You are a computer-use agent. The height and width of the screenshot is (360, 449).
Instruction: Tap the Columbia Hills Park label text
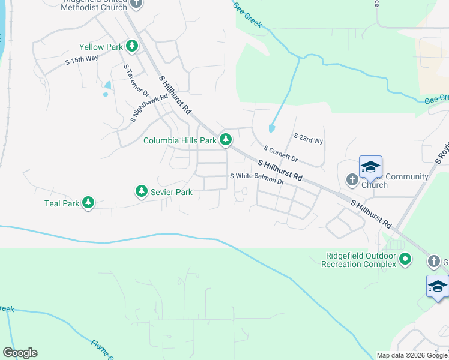(x=179, y=141)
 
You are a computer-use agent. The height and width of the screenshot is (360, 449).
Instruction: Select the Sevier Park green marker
(x=141, y=191)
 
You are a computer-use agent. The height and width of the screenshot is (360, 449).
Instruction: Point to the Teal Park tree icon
(x=89, y=203)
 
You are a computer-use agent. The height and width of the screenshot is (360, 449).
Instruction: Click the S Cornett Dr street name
(x=280, y=153)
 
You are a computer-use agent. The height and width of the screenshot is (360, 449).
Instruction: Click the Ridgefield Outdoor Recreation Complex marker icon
(x=405, y=259)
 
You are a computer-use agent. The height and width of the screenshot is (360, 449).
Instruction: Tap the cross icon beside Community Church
(x=352, y=179)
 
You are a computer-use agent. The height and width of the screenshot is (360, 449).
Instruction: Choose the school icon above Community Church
(x=370, y=167)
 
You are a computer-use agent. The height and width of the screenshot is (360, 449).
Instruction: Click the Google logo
(x=20, y=353)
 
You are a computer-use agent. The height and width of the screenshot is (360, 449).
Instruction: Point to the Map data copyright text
(x=412, y=355)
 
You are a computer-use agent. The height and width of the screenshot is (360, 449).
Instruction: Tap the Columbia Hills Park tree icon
(x=226, y=140)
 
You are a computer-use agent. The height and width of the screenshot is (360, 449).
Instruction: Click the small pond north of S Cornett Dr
(x=272, y=128)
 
